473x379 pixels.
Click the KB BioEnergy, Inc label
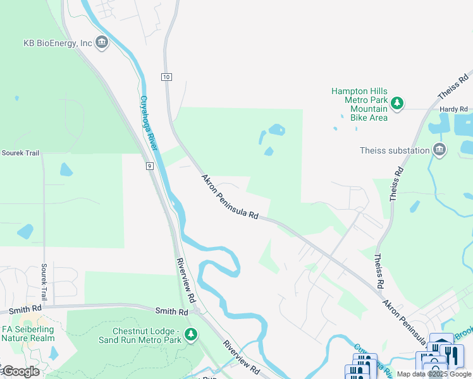click(58, 43)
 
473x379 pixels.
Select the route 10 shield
click(166, 76)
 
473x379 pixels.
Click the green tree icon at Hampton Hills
click(397, 103)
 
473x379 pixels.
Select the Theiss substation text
click(394, 150)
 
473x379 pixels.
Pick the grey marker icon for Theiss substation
click(439, 150)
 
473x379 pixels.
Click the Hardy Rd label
click(452, 109)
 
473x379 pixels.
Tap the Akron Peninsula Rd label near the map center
click(230, 198)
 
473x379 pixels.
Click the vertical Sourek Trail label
click(45, 282)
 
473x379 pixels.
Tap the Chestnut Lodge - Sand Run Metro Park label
click(139, 335)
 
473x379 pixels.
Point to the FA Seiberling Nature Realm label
click(28, 334)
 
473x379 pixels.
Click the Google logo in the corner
click(20, 371)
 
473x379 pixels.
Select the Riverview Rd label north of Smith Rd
click(188, 280)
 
